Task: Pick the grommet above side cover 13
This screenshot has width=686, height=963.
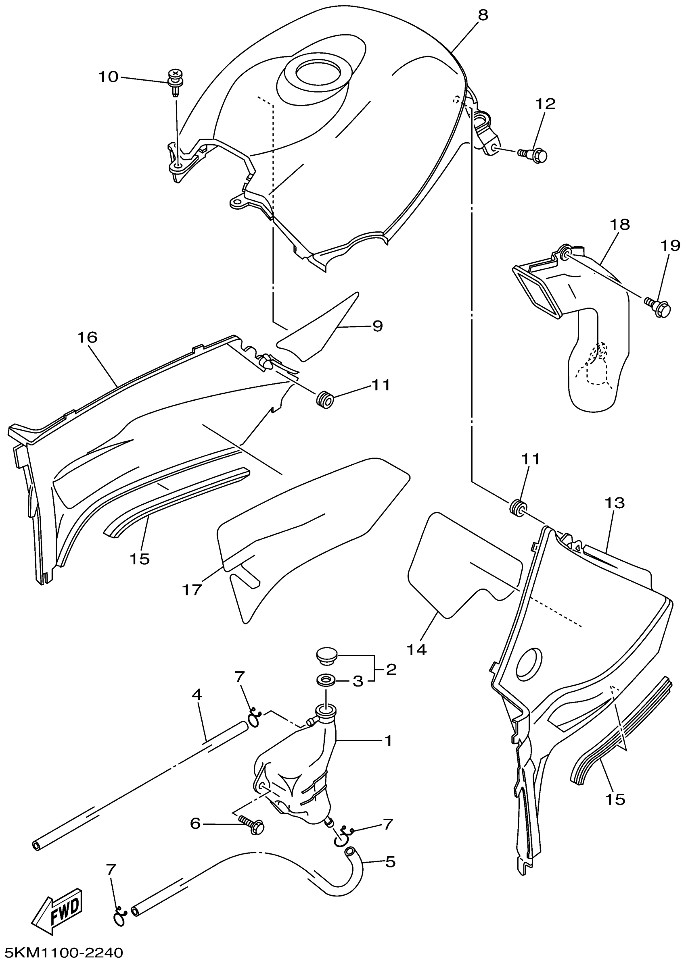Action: [x=517, y=506]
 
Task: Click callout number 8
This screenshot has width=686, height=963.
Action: [x=482, y=15]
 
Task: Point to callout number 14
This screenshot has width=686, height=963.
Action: [x=416, y=649]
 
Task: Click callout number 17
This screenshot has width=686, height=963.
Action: [x=192, y=590]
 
